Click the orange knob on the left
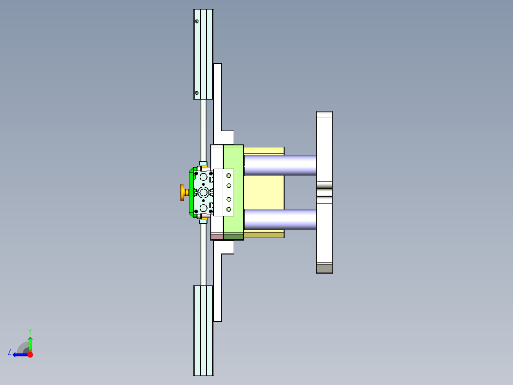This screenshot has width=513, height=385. (x=183, y=192)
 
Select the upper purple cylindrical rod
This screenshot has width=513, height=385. (x=280, y=165)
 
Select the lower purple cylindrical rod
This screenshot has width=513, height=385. (x=280, y=219)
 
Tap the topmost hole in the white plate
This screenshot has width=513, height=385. (x=228, y=175)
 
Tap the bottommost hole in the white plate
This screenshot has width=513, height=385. (x=228, y=210)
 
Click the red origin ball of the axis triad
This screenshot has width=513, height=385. (x=30, y=355)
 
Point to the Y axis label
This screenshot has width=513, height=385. (x=30, y=331)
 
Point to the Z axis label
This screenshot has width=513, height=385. (x=10, y=352)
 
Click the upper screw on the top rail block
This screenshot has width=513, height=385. (x=197, y=21)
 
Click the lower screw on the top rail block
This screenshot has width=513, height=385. (x=197, y=92)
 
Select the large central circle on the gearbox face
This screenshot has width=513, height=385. (x=204, y=192)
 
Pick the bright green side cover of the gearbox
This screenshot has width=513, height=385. (x=191, y=192)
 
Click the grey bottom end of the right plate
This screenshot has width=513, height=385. (x=324, y=269)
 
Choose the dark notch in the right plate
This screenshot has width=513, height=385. (x=324, y=192)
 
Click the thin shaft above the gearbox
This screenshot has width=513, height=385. (x=203, y=129)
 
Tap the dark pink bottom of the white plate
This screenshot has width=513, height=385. (x=217, y=236)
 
